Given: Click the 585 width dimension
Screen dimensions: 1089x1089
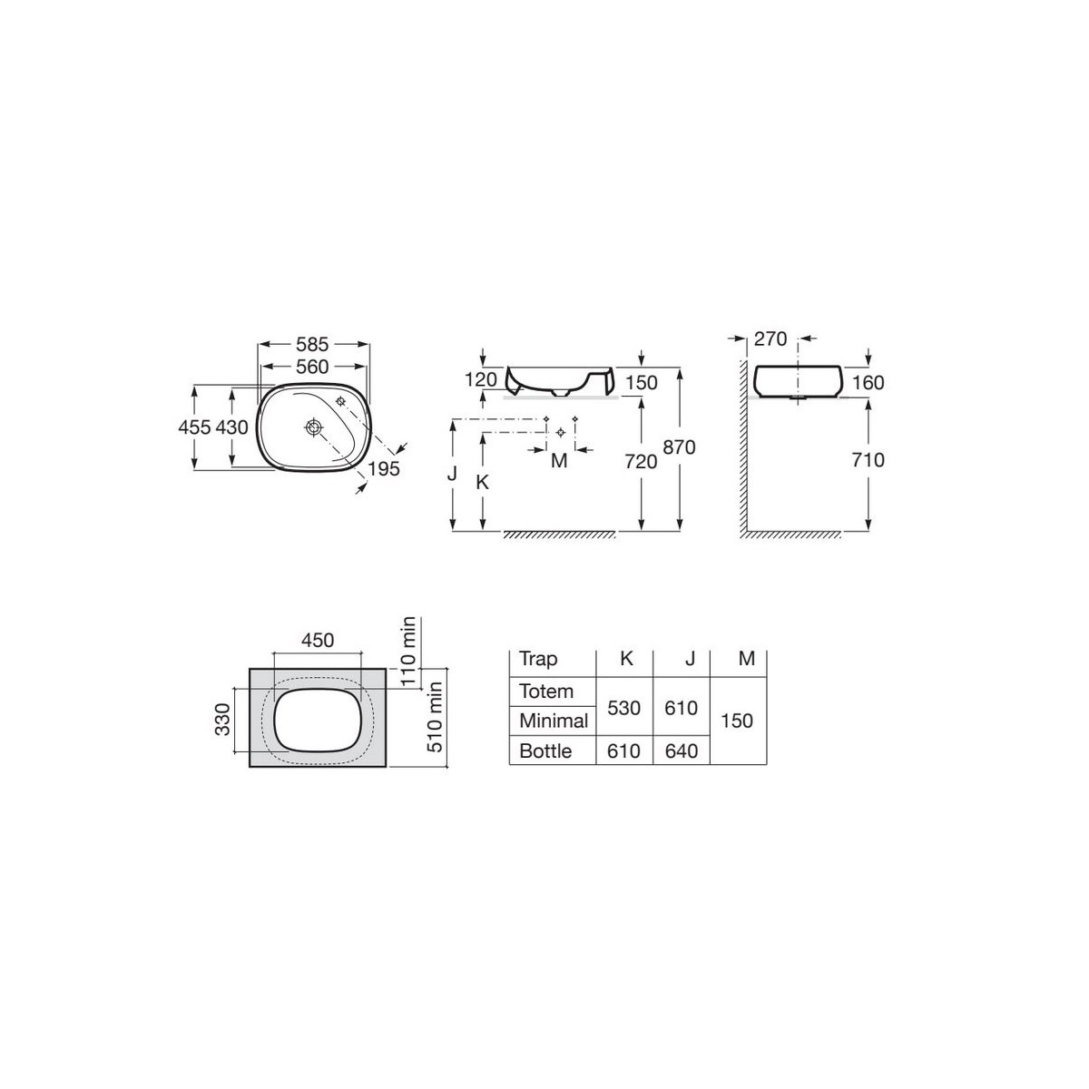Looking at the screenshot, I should tap(312, 345).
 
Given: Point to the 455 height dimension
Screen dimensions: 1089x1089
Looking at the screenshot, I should tap(194, 427).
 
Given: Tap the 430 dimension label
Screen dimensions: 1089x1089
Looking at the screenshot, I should tap(231, 427).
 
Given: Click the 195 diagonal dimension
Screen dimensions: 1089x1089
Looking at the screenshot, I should tap(385, 468).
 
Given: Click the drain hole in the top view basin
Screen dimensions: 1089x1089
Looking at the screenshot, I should tap(313, 427).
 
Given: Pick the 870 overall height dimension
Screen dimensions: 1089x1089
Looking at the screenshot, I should tap(679, 446).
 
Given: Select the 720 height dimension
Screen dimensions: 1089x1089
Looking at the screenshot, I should tap(642, 461).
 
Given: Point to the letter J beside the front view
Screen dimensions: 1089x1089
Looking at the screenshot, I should tap(452, 474).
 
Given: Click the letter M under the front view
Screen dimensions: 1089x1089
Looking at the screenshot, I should tap(559, 461).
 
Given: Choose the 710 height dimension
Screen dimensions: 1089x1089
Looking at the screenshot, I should tap(868, 460).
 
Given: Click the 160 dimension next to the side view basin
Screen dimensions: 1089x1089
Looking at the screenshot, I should tap(868, 382).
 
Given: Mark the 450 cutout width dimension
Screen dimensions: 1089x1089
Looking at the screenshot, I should tap(318, 641).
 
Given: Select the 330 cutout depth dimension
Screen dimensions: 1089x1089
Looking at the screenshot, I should tap(224, 721).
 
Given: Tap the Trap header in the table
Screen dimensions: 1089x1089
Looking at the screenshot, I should tap(538, 660).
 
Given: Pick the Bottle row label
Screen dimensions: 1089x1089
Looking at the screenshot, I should tap(545, 751).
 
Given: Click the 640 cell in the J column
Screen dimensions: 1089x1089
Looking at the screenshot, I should tap(681, 751).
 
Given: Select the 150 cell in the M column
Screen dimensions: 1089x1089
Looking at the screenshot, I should tap(737, 721).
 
